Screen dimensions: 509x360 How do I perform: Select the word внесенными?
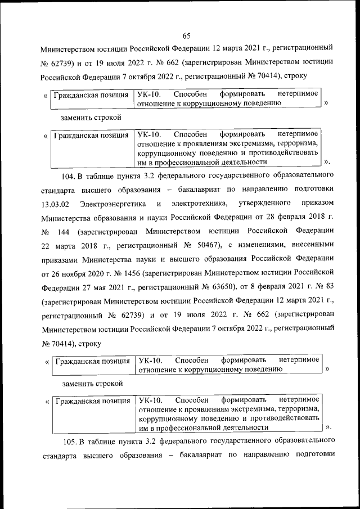(x=313, y=247)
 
